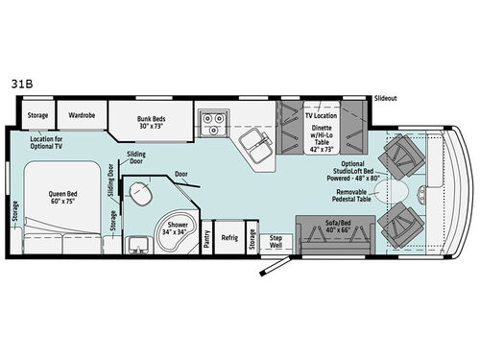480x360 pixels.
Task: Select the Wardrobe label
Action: [x=81, y=115]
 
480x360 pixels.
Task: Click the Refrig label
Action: [x=229, y=237]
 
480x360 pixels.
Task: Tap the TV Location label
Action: [x=324, y=114]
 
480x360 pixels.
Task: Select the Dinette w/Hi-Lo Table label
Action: [x=324, y=136]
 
